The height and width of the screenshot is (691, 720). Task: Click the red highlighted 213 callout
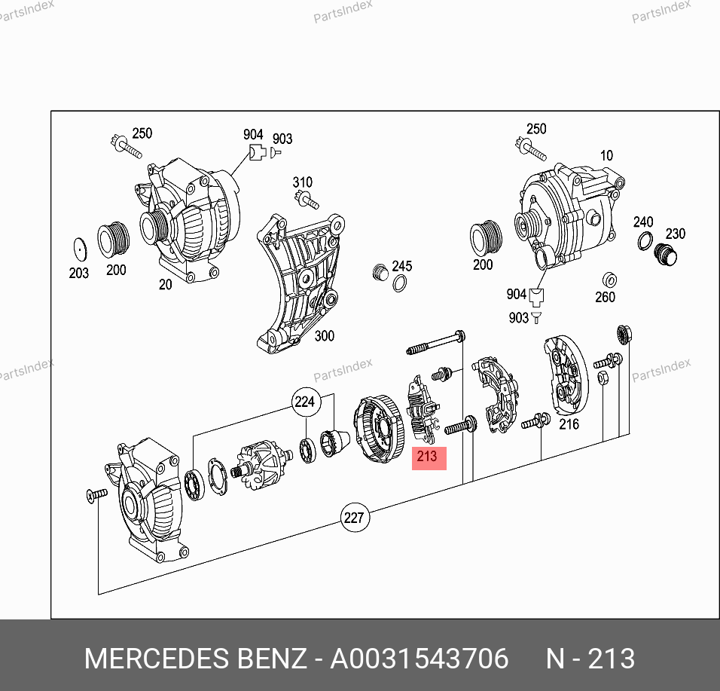(x=429, y=457)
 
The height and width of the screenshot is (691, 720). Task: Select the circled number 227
(x=355, y=518)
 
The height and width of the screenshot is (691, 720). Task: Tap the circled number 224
(x=305, y=402)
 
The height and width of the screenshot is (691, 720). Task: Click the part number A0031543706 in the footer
(x=419, y=659)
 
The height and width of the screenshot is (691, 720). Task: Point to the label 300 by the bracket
(x=324, y=336)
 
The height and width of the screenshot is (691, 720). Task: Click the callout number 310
(x=303, y=182)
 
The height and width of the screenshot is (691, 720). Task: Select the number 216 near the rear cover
(x=569, y=424)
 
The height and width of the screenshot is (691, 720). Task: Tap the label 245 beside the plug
(x=401, y=266)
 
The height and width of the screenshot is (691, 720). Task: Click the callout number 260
(x=606, y=297)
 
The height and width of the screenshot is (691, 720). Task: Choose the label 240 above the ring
(x=643, y=222)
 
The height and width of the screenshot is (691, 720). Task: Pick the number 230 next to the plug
(x=676, y=234)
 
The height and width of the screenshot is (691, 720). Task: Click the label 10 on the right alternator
(x=606, y=155)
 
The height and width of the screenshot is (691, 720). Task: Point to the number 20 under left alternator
(x=165, y=284)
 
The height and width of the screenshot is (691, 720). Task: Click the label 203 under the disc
(x=78, y=273)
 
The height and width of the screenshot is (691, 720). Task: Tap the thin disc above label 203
(x=80, y=249)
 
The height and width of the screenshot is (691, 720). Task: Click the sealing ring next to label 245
(x=399, y=283)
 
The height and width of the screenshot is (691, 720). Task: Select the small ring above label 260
(x=609, y=280)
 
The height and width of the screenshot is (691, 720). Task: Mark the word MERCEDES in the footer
(x=157, y=659)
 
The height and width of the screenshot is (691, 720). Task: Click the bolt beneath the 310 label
(x=307, y=200)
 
